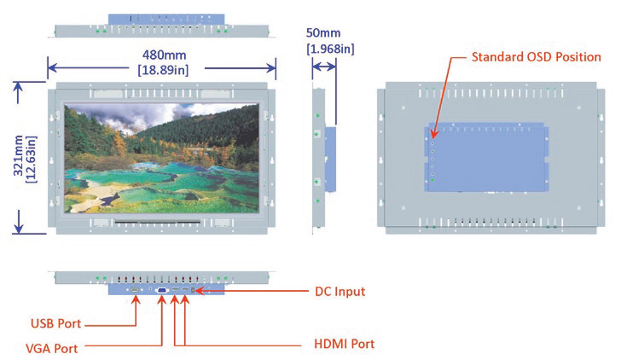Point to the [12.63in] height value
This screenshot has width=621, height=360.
tap(32, 157)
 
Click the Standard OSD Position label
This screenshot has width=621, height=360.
tap(537, 57)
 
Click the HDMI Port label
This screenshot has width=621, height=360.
tap(339, 345)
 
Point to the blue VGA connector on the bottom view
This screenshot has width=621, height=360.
tap(162, 291)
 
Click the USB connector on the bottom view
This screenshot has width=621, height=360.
tap(135, 290)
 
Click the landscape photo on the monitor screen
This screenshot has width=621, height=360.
tap(162, 157)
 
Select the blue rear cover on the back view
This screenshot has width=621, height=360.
tap(486, 158)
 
